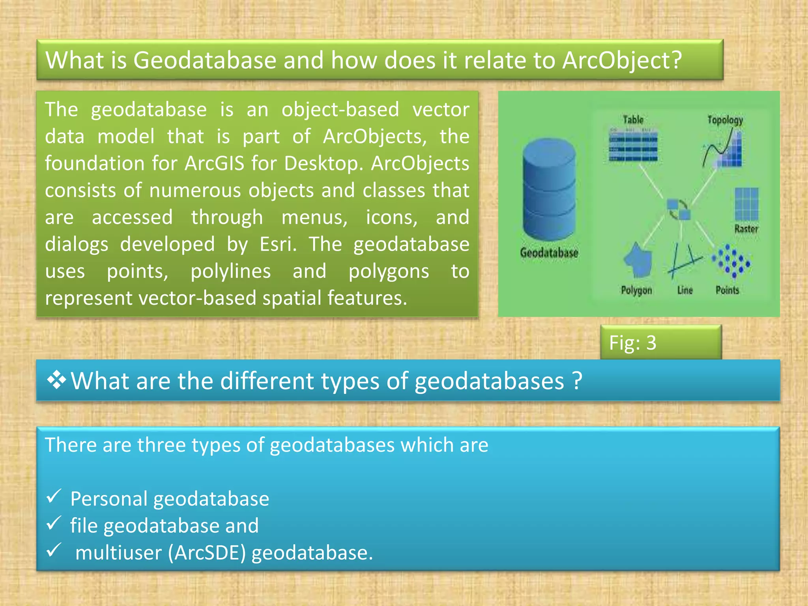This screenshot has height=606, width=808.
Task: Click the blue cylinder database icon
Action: [549, 189]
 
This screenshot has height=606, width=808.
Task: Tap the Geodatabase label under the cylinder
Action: [549, 252]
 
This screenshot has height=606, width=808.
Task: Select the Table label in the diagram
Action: [633, 120]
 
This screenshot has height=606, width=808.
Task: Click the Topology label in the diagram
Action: [725, 120]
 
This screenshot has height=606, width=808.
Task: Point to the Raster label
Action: [746, 229]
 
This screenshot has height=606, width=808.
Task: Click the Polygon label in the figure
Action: [636, 290]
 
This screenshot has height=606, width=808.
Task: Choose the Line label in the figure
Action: [685, 290]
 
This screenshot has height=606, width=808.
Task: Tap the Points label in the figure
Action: [727, 290]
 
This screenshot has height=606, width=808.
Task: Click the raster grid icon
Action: [746, 204]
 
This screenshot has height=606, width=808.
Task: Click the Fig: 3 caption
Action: [632, 343]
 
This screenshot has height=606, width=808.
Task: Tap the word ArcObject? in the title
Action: [622, 60]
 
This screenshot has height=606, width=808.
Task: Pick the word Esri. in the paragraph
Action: [278, 244]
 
